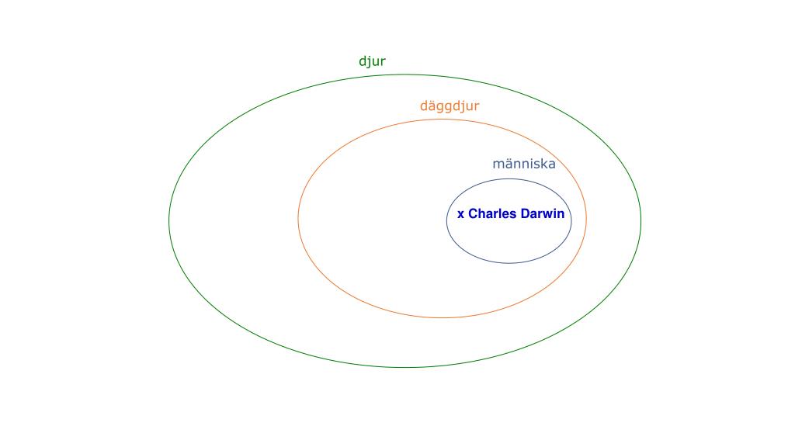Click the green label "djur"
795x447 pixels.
pyautogui.click(x=372, y=62)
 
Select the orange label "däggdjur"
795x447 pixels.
pyautogui.click(x=450, y=106)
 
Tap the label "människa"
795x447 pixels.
pyautogui.click(x=524, y=165)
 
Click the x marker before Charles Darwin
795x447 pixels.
pyautogui.click(x=460, y=214)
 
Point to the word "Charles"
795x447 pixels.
pyautogui.click(x=492, y=214)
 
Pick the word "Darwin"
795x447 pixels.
pyautogui.click(x=542, y=214)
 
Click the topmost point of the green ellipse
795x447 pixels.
pyautogui.click(x=404, y=74)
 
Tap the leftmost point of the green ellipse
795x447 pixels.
pyautogui.click(x=169, y=221)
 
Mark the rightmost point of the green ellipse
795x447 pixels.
pyautogui.click(x=641, y=221)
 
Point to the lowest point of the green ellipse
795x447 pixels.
pyautogui.click(x=404, y=367)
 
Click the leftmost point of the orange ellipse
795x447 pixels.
pyautogui.click(x=298, y=218)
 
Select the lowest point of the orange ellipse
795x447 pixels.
pyautogui.click(x=443, y=317)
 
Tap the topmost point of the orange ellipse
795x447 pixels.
pyautogui.click(x=443, y=120)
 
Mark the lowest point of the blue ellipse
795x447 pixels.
pyautogui.click(x=509, y=263)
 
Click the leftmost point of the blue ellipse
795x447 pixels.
pyautogui.click(x=446, y=221)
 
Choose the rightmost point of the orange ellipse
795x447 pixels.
pyautogui.click(x=587, y=218)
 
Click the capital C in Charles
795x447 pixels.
pyautogui.click(x=474, y=214)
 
